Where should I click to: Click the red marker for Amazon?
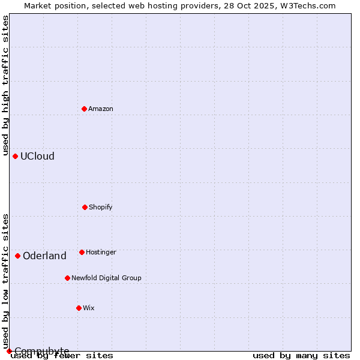pyautogui.click(x=84, y=109)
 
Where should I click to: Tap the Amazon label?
pyautogui.click(x=101, y=109)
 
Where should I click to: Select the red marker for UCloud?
pyautogui.click(x=15, y=156)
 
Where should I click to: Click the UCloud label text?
pyautogui.click(x=37, y=157)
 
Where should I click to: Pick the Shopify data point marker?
pyautogui.click(x=85, y=207)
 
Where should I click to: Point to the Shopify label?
pyautogui.click(x=101, y=208)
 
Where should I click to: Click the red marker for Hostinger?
pyautogui.click(x=82, y=252)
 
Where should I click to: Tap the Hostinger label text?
pyautogui.click(x=101, y=253)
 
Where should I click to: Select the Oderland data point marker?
pyautogui.click(x=17, y=256)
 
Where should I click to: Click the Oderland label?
pyautogui.click(x=44, y=256)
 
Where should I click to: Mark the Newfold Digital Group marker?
pyautogui.click(x=67, y=278)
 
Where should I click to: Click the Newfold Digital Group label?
pyautogui.click(x=106, y=278)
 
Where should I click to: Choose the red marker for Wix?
pyautogui.click(x=79, y=308)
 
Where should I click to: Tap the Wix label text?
pyautogui.click(x=89, y=308)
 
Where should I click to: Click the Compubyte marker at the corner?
pyautogui.click(x=9, y=351)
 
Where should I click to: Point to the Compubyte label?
pyautogui.click(x=41, y=351)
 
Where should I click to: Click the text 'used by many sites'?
pyautogui.click(x=301, y=356)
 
